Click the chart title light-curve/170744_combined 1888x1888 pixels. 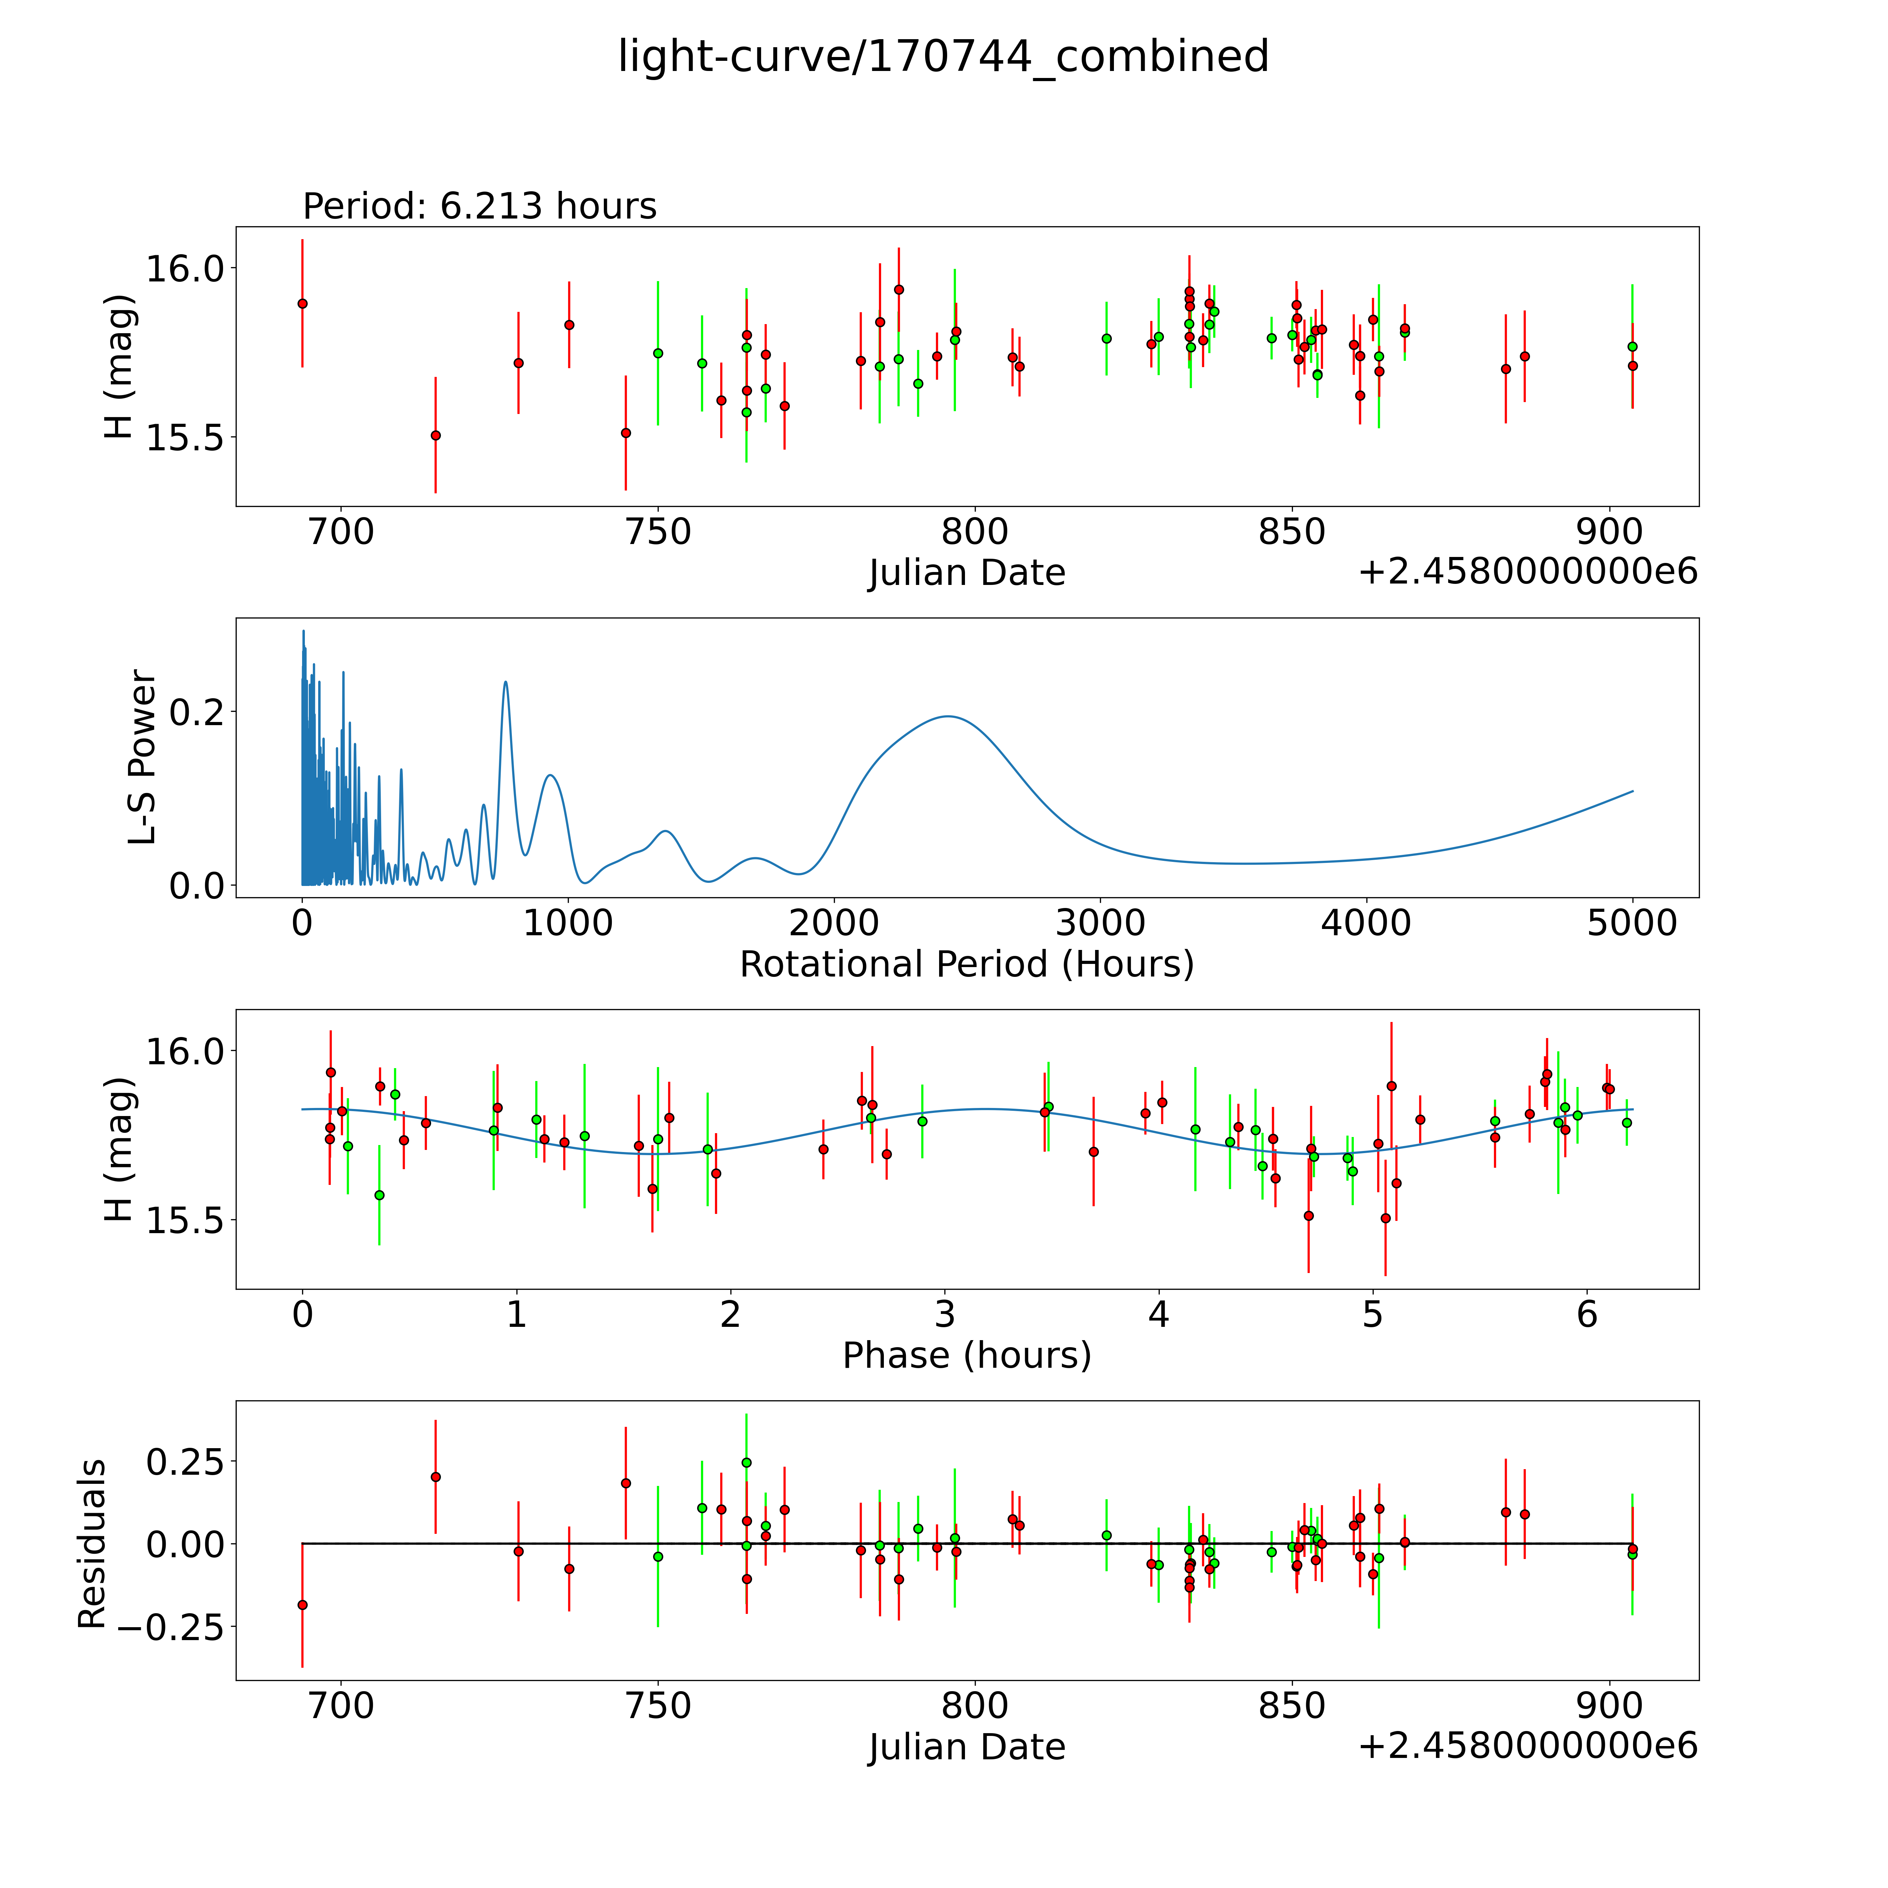pos(943,57)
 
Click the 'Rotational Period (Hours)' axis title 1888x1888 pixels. pos(966,965)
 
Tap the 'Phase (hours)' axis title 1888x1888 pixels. pos(966,1356)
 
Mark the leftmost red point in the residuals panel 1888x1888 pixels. pos(302,1604)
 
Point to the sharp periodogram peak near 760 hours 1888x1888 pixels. pos(505,682)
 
